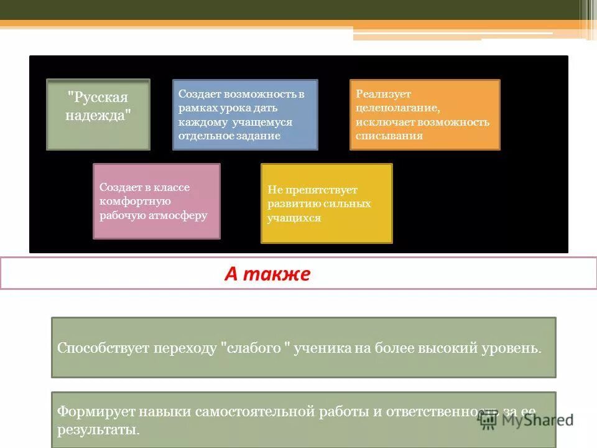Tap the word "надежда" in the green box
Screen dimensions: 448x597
click(98, 116)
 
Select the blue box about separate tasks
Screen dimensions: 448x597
click(244, 114)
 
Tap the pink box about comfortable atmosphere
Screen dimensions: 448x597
click(156, 201)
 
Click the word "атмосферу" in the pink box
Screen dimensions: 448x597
click(177, 216)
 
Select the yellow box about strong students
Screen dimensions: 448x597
click(326, 203)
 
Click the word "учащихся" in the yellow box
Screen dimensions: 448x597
click(294, 218)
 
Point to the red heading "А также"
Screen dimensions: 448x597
click(267, 274)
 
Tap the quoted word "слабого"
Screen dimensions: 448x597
click(257, 348)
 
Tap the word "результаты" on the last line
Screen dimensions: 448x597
click(97, 430)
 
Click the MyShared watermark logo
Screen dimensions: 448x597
click(525, 419)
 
